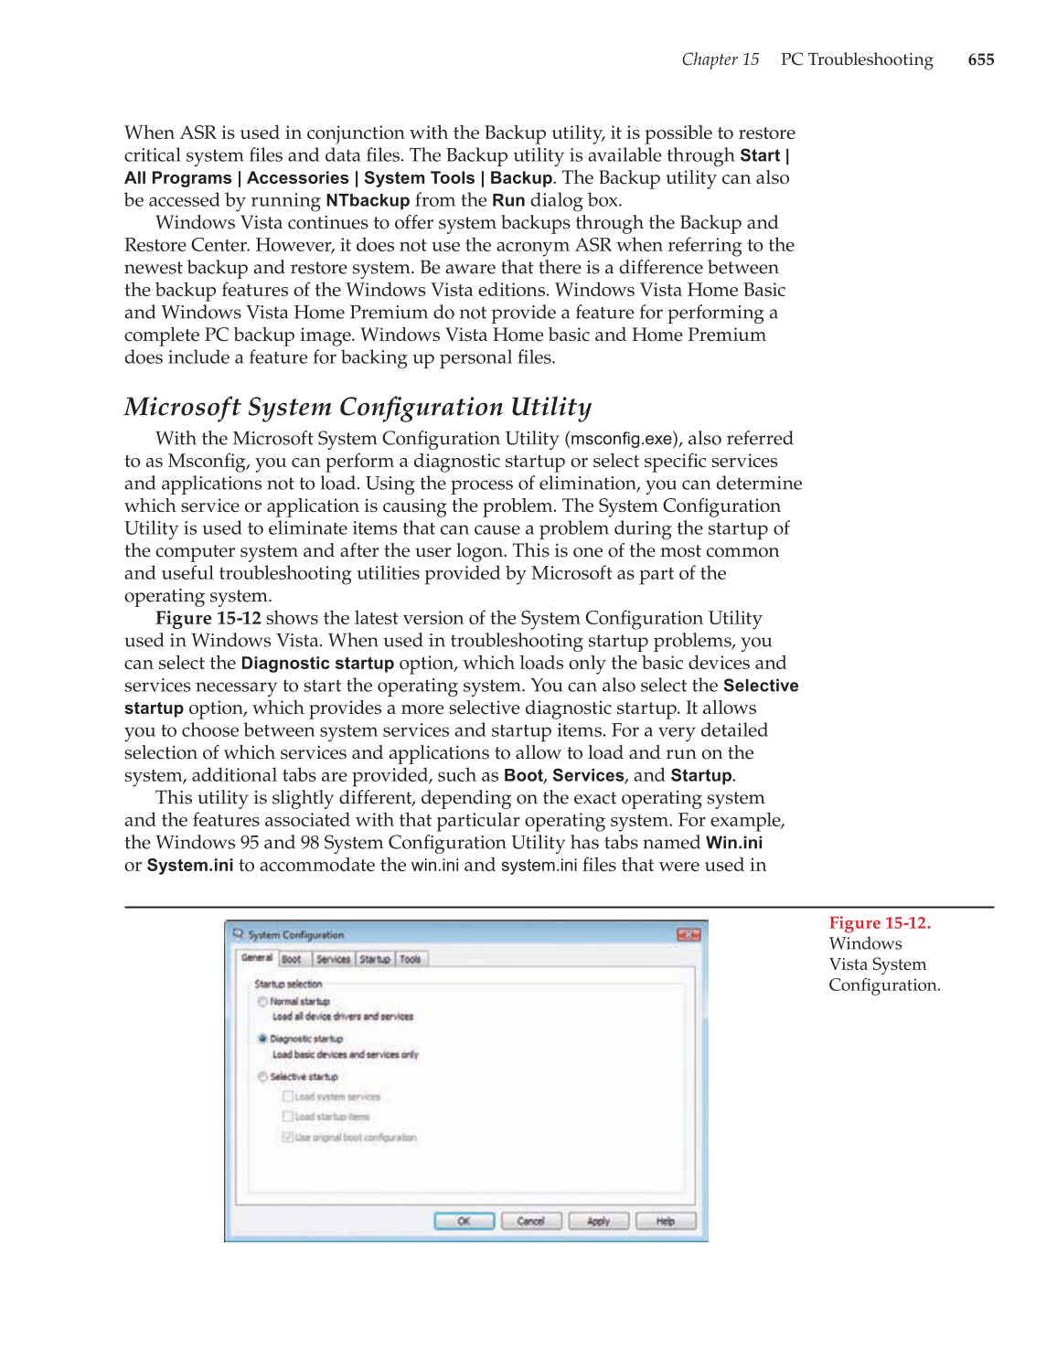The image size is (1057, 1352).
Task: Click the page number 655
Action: tap(980, 59)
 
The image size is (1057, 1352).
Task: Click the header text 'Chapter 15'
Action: tap(720, 59)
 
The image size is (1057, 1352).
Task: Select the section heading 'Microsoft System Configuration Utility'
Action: tap(358, 407)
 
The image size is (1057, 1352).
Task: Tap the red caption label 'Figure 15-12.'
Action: tap(879, 923)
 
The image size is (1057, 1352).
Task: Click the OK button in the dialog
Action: tap(464, 1221)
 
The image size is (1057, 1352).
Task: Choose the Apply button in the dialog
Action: tap(598, 1221)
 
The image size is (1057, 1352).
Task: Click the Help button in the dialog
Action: tap(665, 1221)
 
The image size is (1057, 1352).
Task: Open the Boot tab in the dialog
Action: tap(292, 959)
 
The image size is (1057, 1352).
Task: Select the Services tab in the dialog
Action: tap(333, 959)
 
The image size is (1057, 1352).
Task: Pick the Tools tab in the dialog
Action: tap(411, 959)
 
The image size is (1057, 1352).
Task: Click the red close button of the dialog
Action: tap(688, 934)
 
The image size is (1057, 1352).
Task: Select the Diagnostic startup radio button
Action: tap(262, 1038)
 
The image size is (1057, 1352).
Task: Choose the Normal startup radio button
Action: tap(262, 1002)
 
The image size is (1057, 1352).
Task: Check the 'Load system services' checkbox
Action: tap(288, 1096)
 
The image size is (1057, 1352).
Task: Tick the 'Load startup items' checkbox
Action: tap(288, 1116)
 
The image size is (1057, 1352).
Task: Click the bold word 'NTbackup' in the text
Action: tap(368, 200)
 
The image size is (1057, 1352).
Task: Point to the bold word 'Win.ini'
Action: tap(733, 843)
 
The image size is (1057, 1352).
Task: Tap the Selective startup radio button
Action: tap(262, 1077)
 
